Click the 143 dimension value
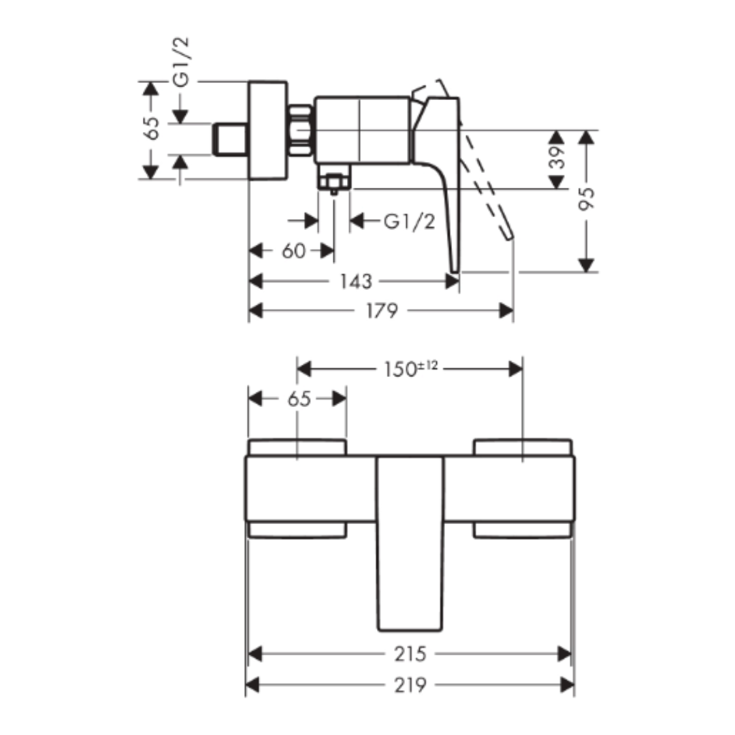pos(356,281)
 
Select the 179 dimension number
pos(382,310)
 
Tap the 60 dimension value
pos(293,250)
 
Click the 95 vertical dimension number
pos(586,199)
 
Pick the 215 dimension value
pos(410,654)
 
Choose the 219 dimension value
pos(410,685)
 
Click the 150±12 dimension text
pos(410,369)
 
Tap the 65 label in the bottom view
pos(299,399)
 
